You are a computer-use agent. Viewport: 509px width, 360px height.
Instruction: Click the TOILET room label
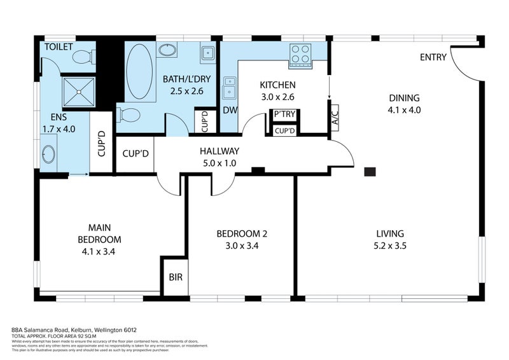59,47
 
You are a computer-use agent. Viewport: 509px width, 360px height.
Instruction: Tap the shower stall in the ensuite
78,90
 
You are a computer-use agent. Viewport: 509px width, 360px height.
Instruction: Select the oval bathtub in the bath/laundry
139,71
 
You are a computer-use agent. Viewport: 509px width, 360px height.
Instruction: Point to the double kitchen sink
229,88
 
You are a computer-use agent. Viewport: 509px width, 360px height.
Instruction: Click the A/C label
335,118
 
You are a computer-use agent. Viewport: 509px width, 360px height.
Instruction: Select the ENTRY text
433,57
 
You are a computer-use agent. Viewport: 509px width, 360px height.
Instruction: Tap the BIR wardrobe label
175,277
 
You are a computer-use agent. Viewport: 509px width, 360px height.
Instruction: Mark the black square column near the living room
370,171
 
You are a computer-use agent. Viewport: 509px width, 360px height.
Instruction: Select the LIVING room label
389,233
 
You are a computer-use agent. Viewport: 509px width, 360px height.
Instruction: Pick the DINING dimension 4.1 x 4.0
404,109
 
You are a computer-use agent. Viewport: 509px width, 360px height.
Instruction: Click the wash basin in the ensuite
48,155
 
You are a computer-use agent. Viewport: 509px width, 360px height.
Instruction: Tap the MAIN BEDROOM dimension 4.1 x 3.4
99,251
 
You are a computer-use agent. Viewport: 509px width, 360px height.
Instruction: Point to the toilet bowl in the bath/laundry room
130,115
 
